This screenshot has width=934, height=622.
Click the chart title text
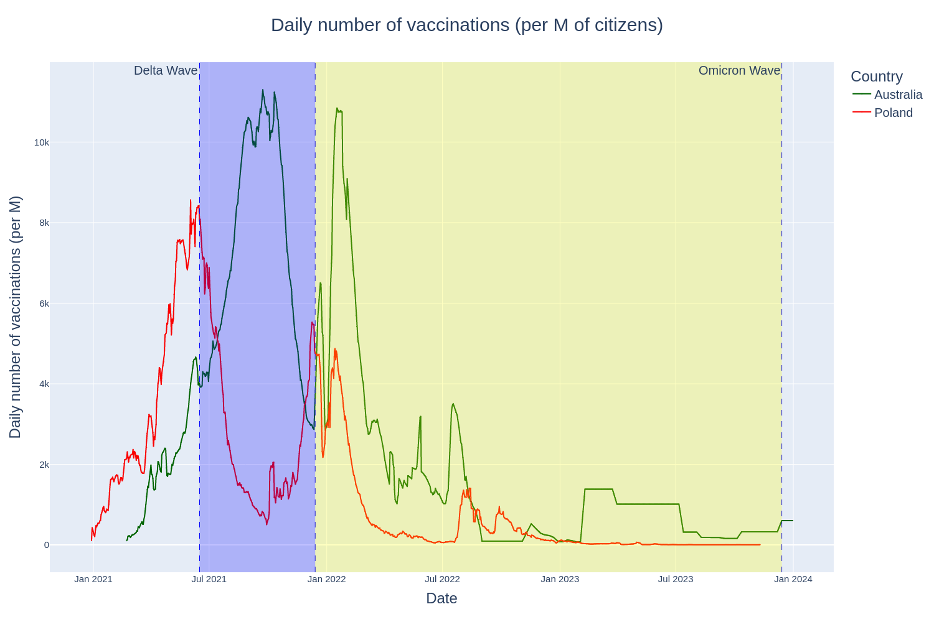pos(466,25)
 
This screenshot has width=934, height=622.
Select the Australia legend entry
pos(897,95)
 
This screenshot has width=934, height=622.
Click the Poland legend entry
pos(893,113)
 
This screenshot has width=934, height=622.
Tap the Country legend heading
pos(876,77)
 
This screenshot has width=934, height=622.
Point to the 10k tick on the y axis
pos(42,142)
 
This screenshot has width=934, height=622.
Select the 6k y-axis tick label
pos(44,304)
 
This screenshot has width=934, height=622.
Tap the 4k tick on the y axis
pos(44,384)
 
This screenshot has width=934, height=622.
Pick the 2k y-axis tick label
pos(44,465)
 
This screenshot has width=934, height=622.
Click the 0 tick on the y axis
pos(46,545)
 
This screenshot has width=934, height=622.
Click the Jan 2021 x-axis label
pos(93,579)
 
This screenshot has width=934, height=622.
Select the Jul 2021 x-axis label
pos(209,579)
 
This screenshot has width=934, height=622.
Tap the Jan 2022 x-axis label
pos(326,579)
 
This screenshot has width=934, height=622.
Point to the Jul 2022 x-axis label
pos(442,579)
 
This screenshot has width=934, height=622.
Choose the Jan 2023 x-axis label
pos(560,579)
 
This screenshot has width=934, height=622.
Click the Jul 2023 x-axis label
pos(676,579)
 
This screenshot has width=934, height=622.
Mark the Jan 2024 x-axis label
pos(793,579)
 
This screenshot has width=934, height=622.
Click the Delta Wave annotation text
pos(166,70)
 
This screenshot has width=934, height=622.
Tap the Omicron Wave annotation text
pos(739,70)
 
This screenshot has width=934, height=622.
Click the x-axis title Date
pos(441,598)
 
